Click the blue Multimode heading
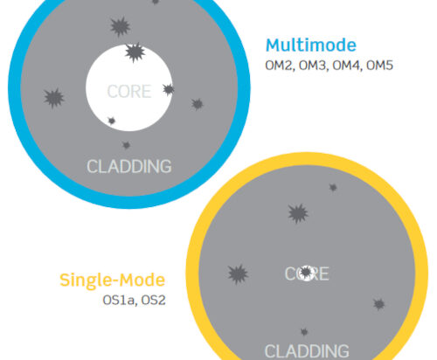pyautogui.click(x=311, y=45)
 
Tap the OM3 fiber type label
pyautogui.click(x=313, y=66)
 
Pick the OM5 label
pyautogui.click(x=379, y=66)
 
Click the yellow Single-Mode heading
pyautogui.click(x=113, y=280)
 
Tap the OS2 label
pyautogui.click(x=154, y=300)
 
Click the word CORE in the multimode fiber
pyautogui.click(x=129, y=92)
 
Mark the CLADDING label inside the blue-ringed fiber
pyautogui.click(x=129, y=166)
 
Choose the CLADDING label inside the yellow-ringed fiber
pyautogui.click(x=307, y=351)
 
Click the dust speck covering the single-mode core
pyautogui.click(x=306, y=272)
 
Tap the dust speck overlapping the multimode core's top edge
pyautogui.click(x=135, y=52)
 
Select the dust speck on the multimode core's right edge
pyautogui.click(x=169, y=89)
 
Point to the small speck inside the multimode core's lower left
pyautogui.click(x=111, y=121)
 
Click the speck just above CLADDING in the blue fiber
pyautogui.click(x=126, y=145)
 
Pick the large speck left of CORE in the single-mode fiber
pyautogui.click(x=238, y=274)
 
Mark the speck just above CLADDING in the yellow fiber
pyautogui.click(x=304, y=332)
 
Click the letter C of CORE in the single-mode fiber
pyautogui.click(x=289, y=273)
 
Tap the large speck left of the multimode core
pyautogui.click(x=54, y=98)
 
